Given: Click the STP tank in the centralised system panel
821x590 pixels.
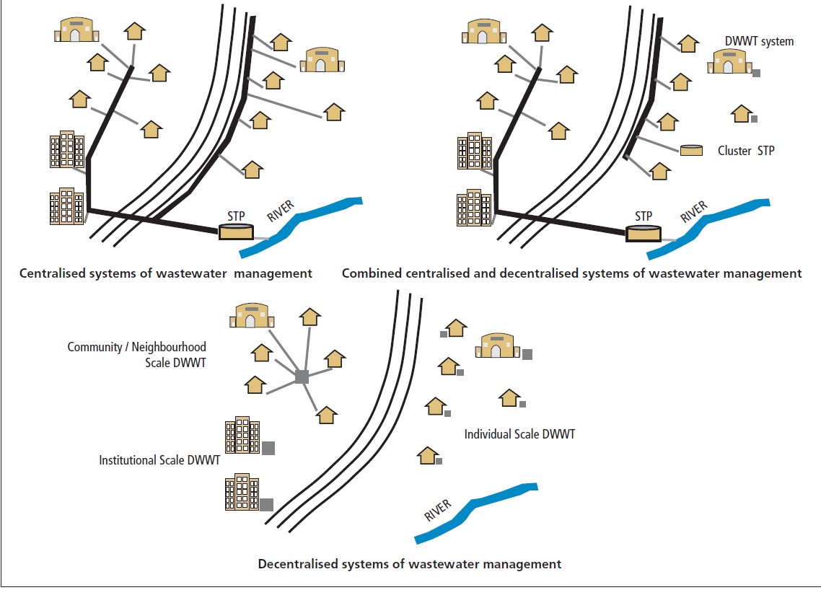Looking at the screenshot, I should pos(237,232).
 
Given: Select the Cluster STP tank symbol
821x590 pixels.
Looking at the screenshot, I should pos(692,150).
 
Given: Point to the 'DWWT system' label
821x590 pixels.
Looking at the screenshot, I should pos(760,42).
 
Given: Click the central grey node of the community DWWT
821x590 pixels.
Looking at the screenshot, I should pos(302,376).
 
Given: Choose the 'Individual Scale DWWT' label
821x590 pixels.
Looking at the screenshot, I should pos(519,434).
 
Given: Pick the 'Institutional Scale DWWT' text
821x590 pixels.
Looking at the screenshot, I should pos(159,459).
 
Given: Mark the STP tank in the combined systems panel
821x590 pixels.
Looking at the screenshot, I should pos(644,233).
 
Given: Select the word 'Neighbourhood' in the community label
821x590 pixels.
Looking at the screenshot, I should pos(166,347).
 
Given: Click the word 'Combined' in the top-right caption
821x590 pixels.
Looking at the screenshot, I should pos(369,274).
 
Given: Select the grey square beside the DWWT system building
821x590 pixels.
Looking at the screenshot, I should pos(756,73).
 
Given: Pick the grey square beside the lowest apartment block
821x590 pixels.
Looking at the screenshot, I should pos(266,504).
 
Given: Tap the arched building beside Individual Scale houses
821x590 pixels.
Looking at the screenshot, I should pos(496,346).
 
